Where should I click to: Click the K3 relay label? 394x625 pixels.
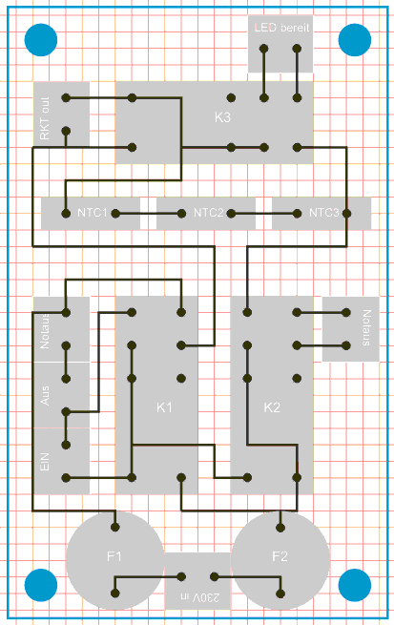click(x=222, y=117)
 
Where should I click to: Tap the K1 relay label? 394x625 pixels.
click(x=164, y=407)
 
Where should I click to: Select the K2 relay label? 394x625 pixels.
click(x=272, y=407)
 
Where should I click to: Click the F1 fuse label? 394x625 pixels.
click(x=114, y=556)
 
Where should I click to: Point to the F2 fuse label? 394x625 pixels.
click(x=280, y=556)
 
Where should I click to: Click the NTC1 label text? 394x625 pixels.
click(x=92, y=213)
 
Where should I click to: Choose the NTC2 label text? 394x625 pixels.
click(x=208, y=213)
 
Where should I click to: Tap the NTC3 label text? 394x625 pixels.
click(x=324, y=213)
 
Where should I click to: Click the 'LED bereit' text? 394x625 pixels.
click(x=281, y=28)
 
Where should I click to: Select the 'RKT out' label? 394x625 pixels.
click(x=45, y=118)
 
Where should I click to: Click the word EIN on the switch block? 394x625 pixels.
click(x=45, y=462)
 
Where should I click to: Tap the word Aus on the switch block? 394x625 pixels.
click(x=45, y=395)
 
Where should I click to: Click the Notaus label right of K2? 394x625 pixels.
click(x=367, y=327)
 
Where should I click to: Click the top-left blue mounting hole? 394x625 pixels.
click(x=41, y=40)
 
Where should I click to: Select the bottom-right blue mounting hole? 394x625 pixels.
click(x=355, y=585)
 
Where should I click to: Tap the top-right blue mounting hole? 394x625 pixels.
click(x=355, y=40)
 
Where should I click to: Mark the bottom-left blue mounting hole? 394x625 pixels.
click(x=41, y=585)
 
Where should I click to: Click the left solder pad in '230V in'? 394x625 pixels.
click(x=181, y=576)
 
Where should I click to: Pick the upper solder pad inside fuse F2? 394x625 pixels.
click(x=280, y=528)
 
